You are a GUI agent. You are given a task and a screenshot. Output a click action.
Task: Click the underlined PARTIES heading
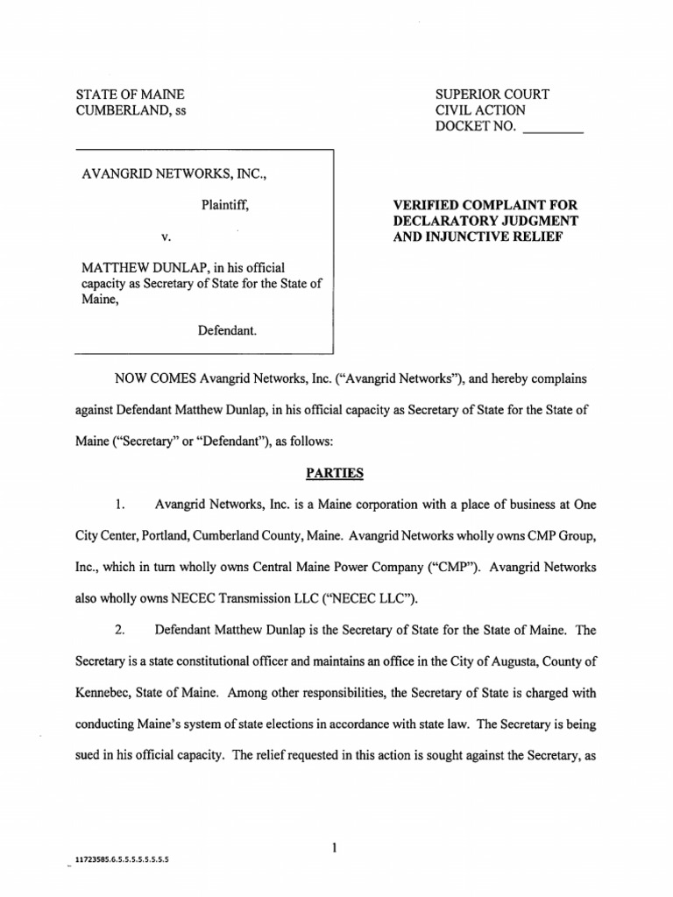click(334, 473)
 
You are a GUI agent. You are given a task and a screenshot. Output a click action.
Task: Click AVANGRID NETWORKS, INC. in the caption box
click(174, 173)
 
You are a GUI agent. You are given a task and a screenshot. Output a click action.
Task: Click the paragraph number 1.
click(122, 505)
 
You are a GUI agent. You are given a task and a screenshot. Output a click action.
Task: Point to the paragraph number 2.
click(122, 630)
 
